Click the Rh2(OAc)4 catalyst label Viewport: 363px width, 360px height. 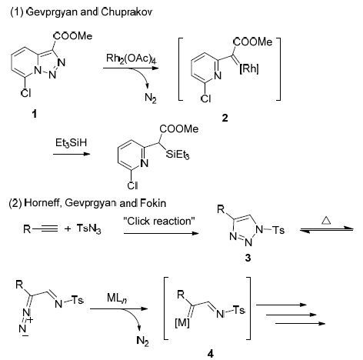coord(132,59)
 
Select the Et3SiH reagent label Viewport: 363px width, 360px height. coord(72,143)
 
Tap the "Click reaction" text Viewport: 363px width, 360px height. coord(159,221)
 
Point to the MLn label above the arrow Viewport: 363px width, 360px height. coord(117,298)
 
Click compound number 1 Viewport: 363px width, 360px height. coord(34,113)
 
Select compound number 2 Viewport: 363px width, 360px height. coord(225,118)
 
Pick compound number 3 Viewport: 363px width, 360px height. coord(248,258)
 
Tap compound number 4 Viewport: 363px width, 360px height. coord(210,354)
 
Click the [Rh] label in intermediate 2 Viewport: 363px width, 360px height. coord(249,68)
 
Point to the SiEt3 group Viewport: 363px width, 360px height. coord(178,155)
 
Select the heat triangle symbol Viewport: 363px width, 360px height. coord(326,220)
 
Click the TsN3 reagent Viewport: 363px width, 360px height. coord(88,228)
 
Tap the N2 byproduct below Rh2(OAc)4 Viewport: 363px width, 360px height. coord(151,98)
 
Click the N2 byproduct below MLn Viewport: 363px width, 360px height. coord(143,341)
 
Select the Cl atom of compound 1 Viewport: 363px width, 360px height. coord(26,93)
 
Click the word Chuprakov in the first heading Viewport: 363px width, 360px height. coord(127,12)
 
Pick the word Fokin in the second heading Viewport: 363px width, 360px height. coord(153,203)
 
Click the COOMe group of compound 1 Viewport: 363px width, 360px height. coord(73,36)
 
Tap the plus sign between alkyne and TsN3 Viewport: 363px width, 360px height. coord(68,228)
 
